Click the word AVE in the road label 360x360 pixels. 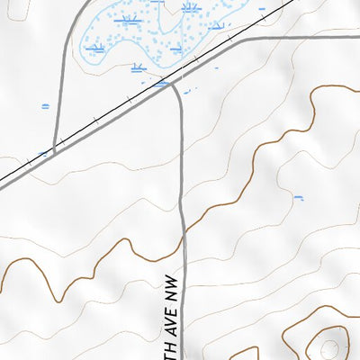point(171,310)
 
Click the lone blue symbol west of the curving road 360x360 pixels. point(45,105)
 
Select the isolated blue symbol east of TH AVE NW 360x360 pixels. point(299,196)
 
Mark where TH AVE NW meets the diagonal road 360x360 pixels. point(171,84)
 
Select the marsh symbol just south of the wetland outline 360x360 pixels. point(139,67)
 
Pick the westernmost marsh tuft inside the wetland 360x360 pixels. point(95,46)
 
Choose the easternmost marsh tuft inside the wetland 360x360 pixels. point(216,26)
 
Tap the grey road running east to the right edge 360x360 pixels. point(306,39)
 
